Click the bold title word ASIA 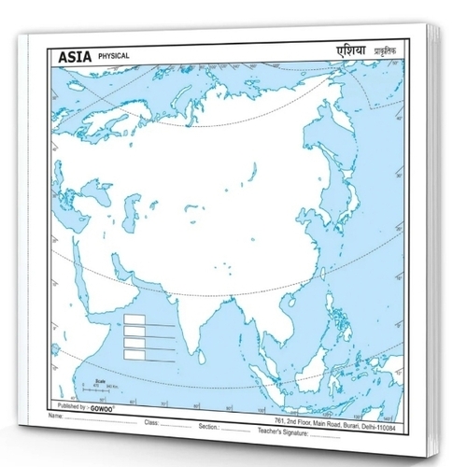pyautogui.click(x=74, y=57)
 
